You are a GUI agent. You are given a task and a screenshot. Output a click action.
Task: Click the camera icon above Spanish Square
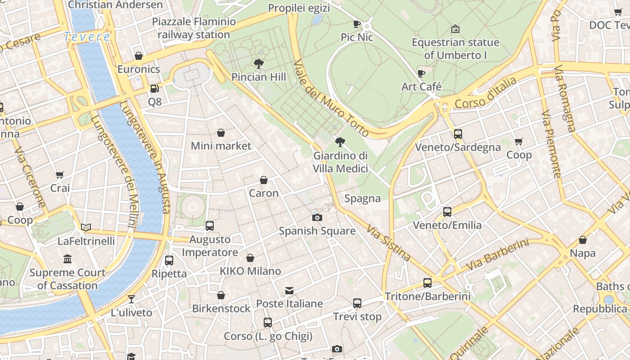pyautogui.click(x=317, y=218)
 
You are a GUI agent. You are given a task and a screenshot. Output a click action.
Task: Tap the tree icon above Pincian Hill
pyautogui.click(x=258, y=63)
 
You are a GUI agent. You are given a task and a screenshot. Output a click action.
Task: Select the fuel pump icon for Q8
pyautogui.click(x=154, y=89)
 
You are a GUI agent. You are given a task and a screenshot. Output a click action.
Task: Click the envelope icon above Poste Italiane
pyautogui.click(x=289, y=291)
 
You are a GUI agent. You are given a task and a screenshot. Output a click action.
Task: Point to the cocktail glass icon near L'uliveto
pyautogui.click(x=131, y=299)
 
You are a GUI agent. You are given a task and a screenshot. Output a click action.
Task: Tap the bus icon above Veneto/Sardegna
pyautogui.click(x=458, y=134)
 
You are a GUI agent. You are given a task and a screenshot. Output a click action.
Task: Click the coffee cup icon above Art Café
pyautogui.click(x=421, y=73)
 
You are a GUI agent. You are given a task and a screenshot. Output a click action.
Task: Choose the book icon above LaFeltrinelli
pyautogui.click(x=86, y=227)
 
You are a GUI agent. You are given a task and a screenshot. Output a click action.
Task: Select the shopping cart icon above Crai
pyautogui.click(x=59, y=175)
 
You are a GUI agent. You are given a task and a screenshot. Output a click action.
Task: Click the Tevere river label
pyautogui.click(x=87, y=37)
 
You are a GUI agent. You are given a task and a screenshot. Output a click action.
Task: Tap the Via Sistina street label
pyautogui.click(x=389, y=243)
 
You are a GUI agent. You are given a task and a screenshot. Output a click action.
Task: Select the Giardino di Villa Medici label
pyautogui.click(x=341, y=162)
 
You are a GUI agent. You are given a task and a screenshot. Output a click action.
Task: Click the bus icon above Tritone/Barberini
pyautogui.click(x=427, y=283)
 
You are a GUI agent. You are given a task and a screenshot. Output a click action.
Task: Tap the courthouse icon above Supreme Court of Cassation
pyautogui.click(x=67, y=259)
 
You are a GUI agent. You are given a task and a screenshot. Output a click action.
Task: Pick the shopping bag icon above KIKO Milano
pyautogui.click(x=250, y=258)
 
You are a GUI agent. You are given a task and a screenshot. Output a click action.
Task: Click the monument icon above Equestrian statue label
pyautogui.click(x=455, y=29)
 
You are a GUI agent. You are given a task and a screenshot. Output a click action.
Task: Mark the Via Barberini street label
pyautogui.click(x=497, y=255)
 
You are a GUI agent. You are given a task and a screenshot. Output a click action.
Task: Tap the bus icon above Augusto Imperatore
pyautogui.click(x=210, y=226)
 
